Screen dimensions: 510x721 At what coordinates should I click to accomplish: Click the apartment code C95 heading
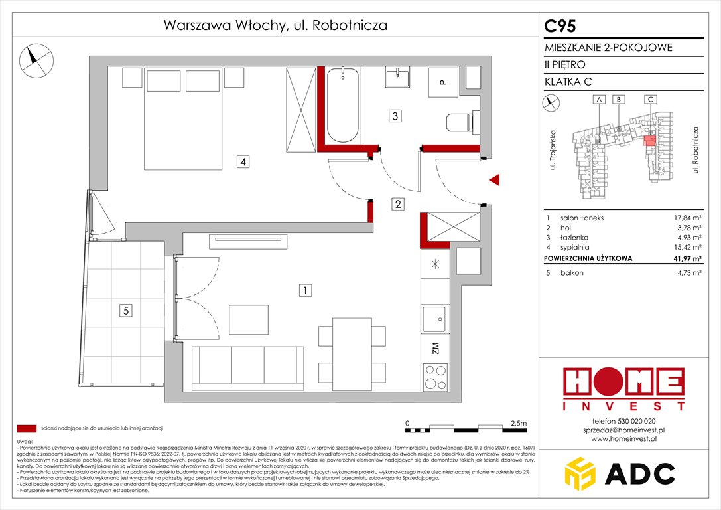tap(560, 26)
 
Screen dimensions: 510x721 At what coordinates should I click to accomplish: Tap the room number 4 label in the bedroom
tap(244, 161)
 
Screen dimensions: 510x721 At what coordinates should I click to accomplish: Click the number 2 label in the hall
tap(397, 205)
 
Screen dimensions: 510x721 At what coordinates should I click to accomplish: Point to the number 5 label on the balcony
tap(124, 309)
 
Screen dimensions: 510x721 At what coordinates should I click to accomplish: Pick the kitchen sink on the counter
tap(435, 319)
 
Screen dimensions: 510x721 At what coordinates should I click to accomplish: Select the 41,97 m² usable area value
tap(685, 258)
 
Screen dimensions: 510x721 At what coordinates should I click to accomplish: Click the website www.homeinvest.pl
tap(623, 439)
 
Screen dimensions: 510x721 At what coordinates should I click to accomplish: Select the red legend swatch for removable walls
tap(27, 428)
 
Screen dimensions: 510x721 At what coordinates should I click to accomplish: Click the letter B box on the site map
tap(618, 100)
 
